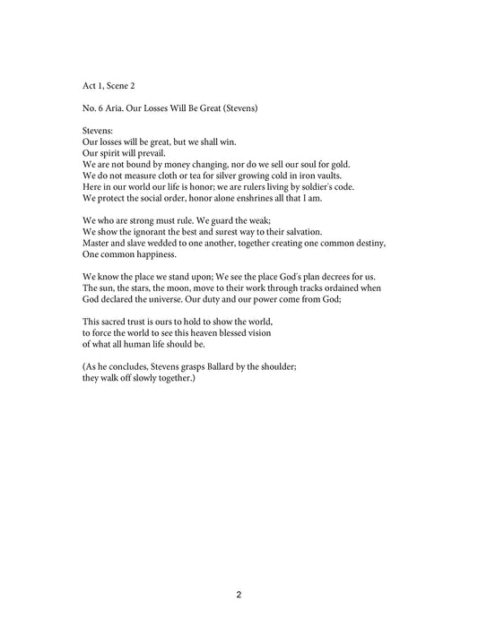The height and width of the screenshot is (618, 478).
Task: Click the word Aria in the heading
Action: point(120,108)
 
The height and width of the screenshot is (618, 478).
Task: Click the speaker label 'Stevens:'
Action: point(98,131)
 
